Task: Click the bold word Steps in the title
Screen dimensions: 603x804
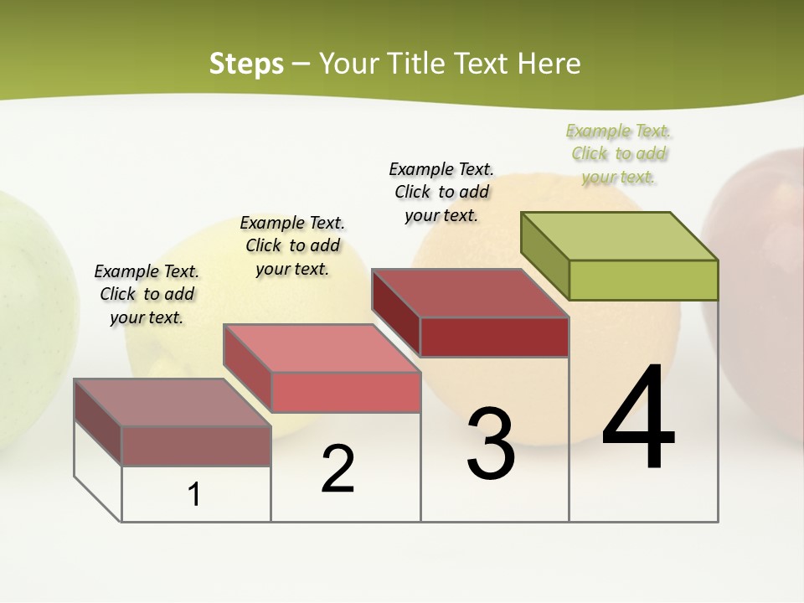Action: [x=246, y=64]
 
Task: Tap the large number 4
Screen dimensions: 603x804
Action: [x=638, y=418]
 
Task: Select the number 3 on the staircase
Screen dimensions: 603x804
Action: [x=491, y=444]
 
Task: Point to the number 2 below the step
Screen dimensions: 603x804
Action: [x=338, y=470]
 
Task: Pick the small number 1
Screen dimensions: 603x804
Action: [x=194, y=494]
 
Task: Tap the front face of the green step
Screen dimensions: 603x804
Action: [x=643, y=280]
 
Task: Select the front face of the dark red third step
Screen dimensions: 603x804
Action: [x=494, y=337]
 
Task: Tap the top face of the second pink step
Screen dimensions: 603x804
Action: [x=322, y=348]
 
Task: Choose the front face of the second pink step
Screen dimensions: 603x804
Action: [x=346, y=392]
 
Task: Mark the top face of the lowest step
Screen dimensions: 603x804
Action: [x=173, y=402]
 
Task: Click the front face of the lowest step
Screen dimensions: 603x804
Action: [x=196, y=446]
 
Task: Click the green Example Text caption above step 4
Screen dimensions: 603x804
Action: [x=619, y=153]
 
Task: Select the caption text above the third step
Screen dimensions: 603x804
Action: [x=441, y=192]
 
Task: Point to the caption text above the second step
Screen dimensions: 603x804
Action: [x=292, y=245]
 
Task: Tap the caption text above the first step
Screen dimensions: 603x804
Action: [x=147, y=294]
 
